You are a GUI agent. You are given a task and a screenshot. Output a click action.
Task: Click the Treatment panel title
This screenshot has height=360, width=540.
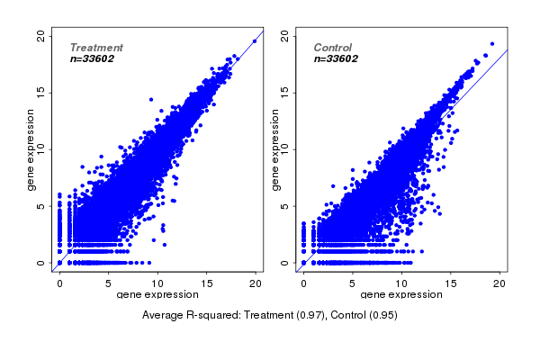(96, 48)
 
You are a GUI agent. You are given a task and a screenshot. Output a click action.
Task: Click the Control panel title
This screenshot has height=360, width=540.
(333, 48)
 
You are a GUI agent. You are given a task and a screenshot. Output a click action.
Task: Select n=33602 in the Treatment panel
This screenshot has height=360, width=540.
(95, 58)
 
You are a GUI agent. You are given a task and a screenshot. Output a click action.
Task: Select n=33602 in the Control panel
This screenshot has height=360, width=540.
(337, 58)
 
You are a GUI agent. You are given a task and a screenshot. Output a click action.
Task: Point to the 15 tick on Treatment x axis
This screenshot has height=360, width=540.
(206, 283)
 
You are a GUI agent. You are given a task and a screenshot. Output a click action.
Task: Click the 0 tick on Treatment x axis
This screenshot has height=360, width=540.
(59, 283)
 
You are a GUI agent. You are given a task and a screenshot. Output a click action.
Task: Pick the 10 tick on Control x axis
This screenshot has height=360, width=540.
(401, 283)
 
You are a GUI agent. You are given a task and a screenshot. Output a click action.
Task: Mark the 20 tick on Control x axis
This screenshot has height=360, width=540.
(499, 283)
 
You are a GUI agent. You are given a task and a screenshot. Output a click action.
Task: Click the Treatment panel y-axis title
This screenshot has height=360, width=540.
(30, 149)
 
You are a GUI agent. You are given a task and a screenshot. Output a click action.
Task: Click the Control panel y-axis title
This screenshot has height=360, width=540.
(274, 149)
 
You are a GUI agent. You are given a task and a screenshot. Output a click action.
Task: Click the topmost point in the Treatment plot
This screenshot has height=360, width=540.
(255, 40)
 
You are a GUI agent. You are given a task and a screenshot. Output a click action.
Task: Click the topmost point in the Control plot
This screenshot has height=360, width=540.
(491, 44)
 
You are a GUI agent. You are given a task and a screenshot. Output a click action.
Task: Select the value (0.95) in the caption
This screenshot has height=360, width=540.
(382, 316)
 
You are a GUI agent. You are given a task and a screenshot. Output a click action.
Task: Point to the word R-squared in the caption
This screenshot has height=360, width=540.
(214, 316)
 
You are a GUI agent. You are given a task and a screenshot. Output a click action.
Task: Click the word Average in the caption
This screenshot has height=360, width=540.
(165, 316)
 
